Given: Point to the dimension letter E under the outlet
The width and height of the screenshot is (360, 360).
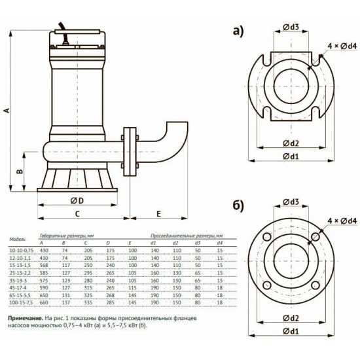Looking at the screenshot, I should pyautogui.click(x=158, y=213).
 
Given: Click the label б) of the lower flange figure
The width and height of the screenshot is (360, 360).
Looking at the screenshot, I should pyautogui.click(x=237, y=204).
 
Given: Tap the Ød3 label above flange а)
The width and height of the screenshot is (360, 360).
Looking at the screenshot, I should pyautogui.click(x=291, y=27).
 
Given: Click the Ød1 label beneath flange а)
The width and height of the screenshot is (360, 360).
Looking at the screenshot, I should pyautogui.click(x=291, y=156).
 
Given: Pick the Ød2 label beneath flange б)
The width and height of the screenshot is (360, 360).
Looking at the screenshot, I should pyautogui.click(x=291, y=318).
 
